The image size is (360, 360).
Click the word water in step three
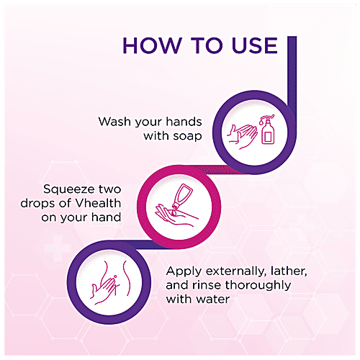click(213, 298)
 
